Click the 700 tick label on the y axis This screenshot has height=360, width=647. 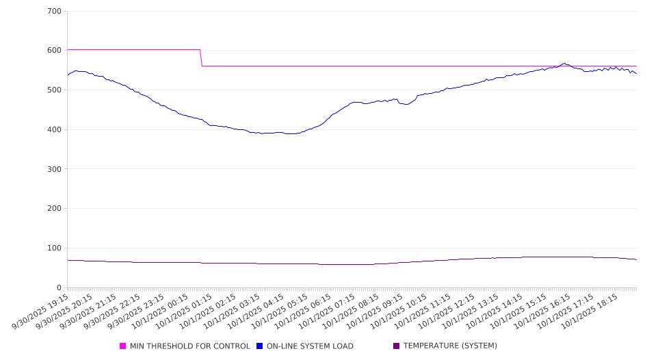point(54,12)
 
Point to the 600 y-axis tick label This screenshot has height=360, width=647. point(54,51)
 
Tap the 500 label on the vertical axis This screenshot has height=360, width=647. point(54,90)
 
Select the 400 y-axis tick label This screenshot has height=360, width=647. point(54,130)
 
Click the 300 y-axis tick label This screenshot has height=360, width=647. point(54,169)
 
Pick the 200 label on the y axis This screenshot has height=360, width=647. point(54,209)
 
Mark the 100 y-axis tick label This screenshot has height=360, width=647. point(54,248)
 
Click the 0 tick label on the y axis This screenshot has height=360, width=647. point(59,288)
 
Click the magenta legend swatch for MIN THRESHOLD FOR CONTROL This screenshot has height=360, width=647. point(123,346)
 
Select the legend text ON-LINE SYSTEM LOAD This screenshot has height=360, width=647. point(310,346)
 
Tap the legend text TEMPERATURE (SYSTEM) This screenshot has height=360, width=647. point(450,346)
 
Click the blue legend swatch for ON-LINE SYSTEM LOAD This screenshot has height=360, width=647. point(260,346)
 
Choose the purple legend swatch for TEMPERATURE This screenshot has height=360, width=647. point(397,346)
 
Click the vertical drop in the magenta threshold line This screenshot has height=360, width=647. point(201,58)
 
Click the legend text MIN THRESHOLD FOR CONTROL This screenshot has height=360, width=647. point(190,346)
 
